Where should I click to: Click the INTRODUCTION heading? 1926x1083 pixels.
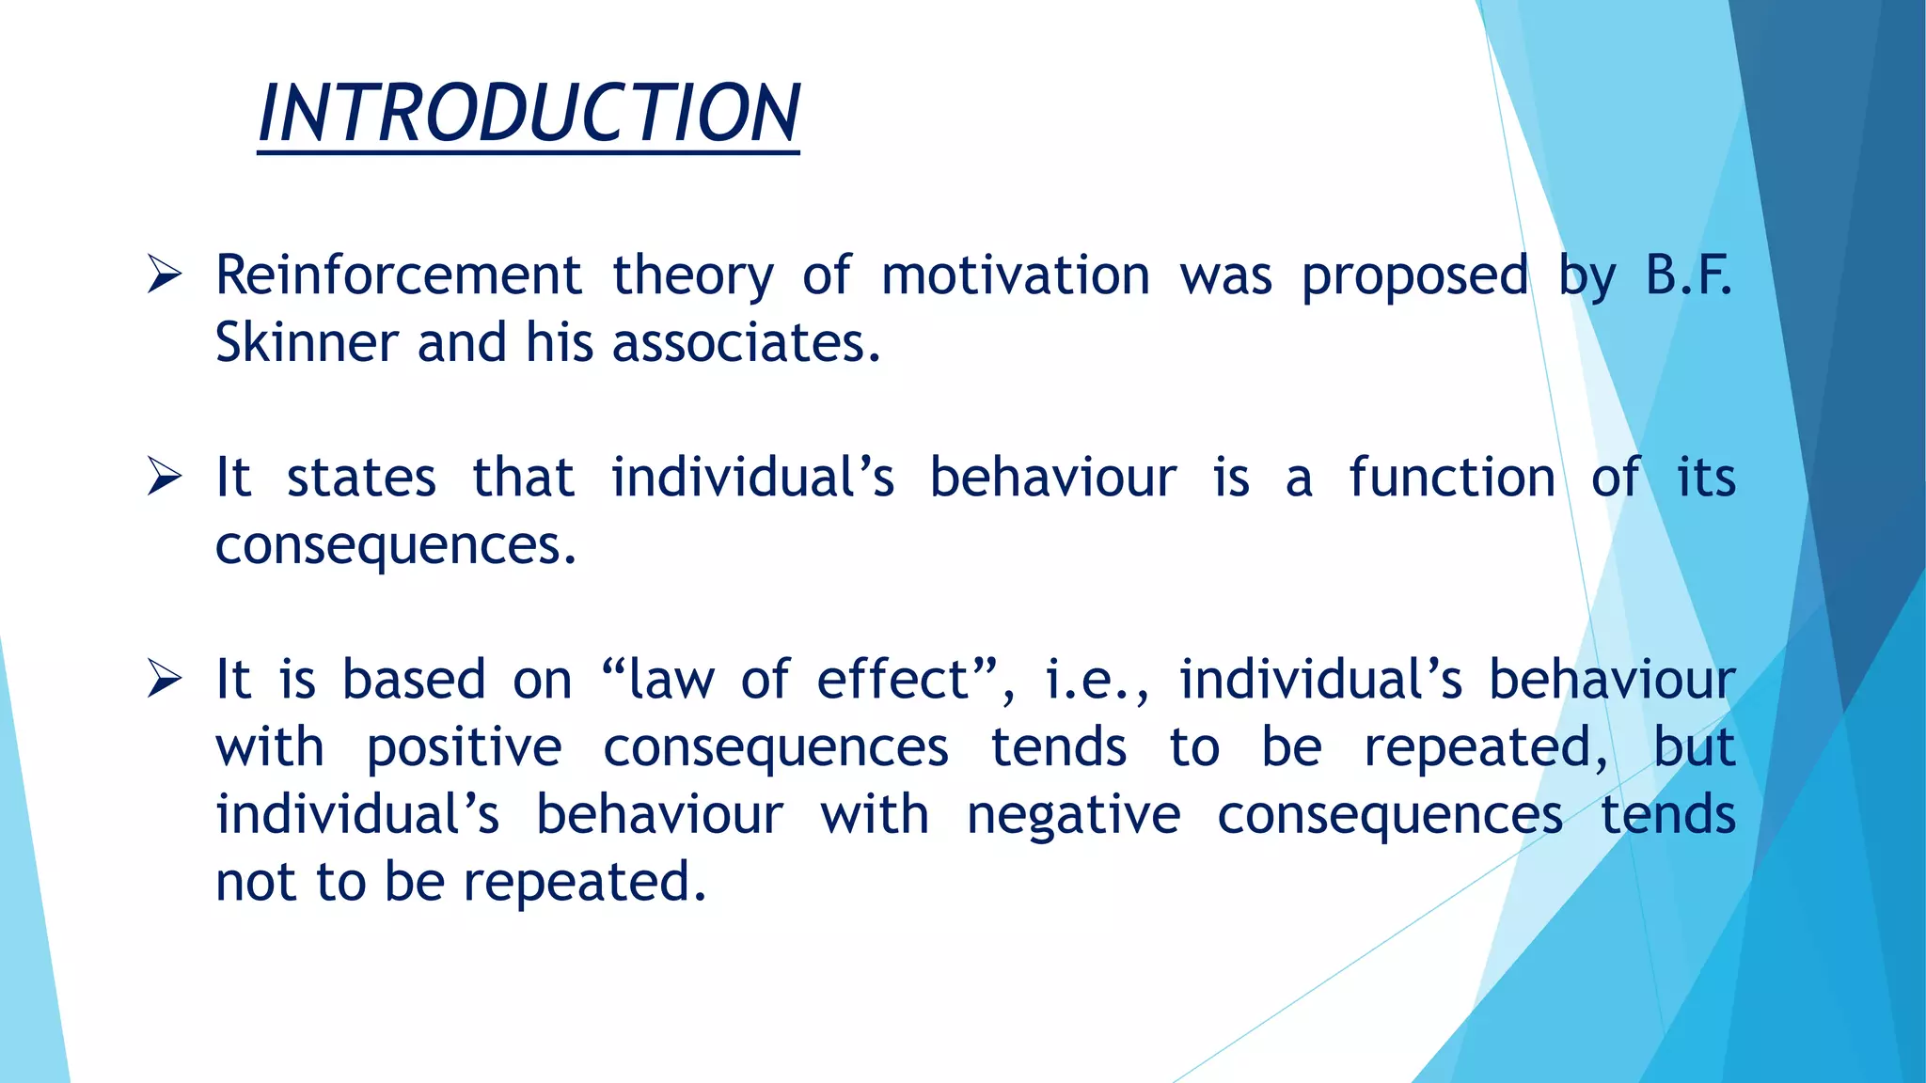pyautogui.click(x=529, y=114)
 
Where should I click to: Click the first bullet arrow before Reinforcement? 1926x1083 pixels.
pyautogui.click(x=165, y=275)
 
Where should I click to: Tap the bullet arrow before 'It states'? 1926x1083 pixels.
pyautogui.click(x=165, y=478)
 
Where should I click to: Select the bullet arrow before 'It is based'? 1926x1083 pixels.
pyautogui.click(x=165, y=680)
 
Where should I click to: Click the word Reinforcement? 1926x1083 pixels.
pyautogui.click(x=399, y=275)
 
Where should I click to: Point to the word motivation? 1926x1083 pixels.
pyautogui.click(x=1016, y=275)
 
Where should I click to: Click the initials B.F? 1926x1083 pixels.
pyautogui.click(x=1688, y=275)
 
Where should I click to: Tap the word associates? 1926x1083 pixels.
pyautogui.click(x=747, y=342)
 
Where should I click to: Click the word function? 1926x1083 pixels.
pyautogui.click(x=1452, y=478)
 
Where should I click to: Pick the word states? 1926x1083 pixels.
pyautogui.click(x=361, y=478)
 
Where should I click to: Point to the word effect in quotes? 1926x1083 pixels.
pyautogui.click(x=893, y=680)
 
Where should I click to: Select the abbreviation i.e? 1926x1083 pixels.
pyautogui.click(x=1096, y=680)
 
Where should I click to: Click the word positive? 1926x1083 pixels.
pyautogui.click(x=464, y=748)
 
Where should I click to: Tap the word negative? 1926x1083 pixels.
pyautogui.click(x=1073, y=815)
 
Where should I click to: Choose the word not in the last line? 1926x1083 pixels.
pyautogui.click(x=255, y=883)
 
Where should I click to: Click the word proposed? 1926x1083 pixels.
pyautogui.click(x=1414, y=277)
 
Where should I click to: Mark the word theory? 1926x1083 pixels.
pyautogui.click(x=693, y=277)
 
